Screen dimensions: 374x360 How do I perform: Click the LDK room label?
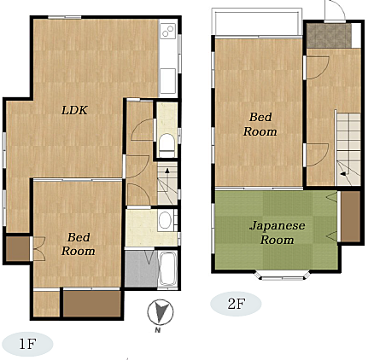[x=74, y=110]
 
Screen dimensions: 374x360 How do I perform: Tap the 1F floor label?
[x=27, y=345]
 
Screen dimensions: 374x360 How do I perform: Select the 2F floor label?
[x=236, y=304]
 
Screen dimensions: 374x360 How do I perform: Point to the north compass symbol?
[x=161, y=312]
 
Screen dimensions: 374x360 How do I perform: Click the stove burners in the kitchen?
[x=168, y=31]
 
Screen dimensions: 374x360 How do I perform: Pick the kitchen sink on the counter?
[x=167, y=81]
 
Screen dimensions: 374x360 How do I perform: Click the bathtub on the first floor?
[x=168, y=269]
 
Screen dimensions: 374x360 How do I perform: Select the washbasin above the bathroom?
[x=165, y=220]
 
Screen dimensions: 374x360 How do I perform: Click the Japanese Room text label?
[x=278, y=233]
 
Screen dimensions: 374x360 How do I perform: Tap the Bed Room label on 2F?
[x=260, y=125]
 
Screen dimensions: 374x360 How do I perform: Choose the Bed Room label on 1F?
[x=79, y=244]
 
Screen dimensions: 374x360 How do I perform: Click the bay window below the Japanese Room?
[x=282, y=276]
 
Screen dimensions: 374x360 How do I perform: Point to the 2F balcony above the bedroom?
[x=257, y=22]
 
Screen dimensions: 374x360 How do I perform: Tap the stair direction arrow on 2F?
[x=344, y=174]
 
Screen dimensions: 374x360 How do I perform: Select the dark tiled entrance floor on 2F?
[x=329, y=36]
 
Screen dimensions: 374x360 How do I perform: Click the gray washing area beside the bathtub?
[x=142, y=269]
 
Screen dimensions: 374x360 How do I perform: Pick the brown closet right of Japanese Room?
[x=351, y=217]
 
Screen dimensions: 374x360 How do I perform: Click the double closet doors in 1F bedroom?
[x=38, y=249]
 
